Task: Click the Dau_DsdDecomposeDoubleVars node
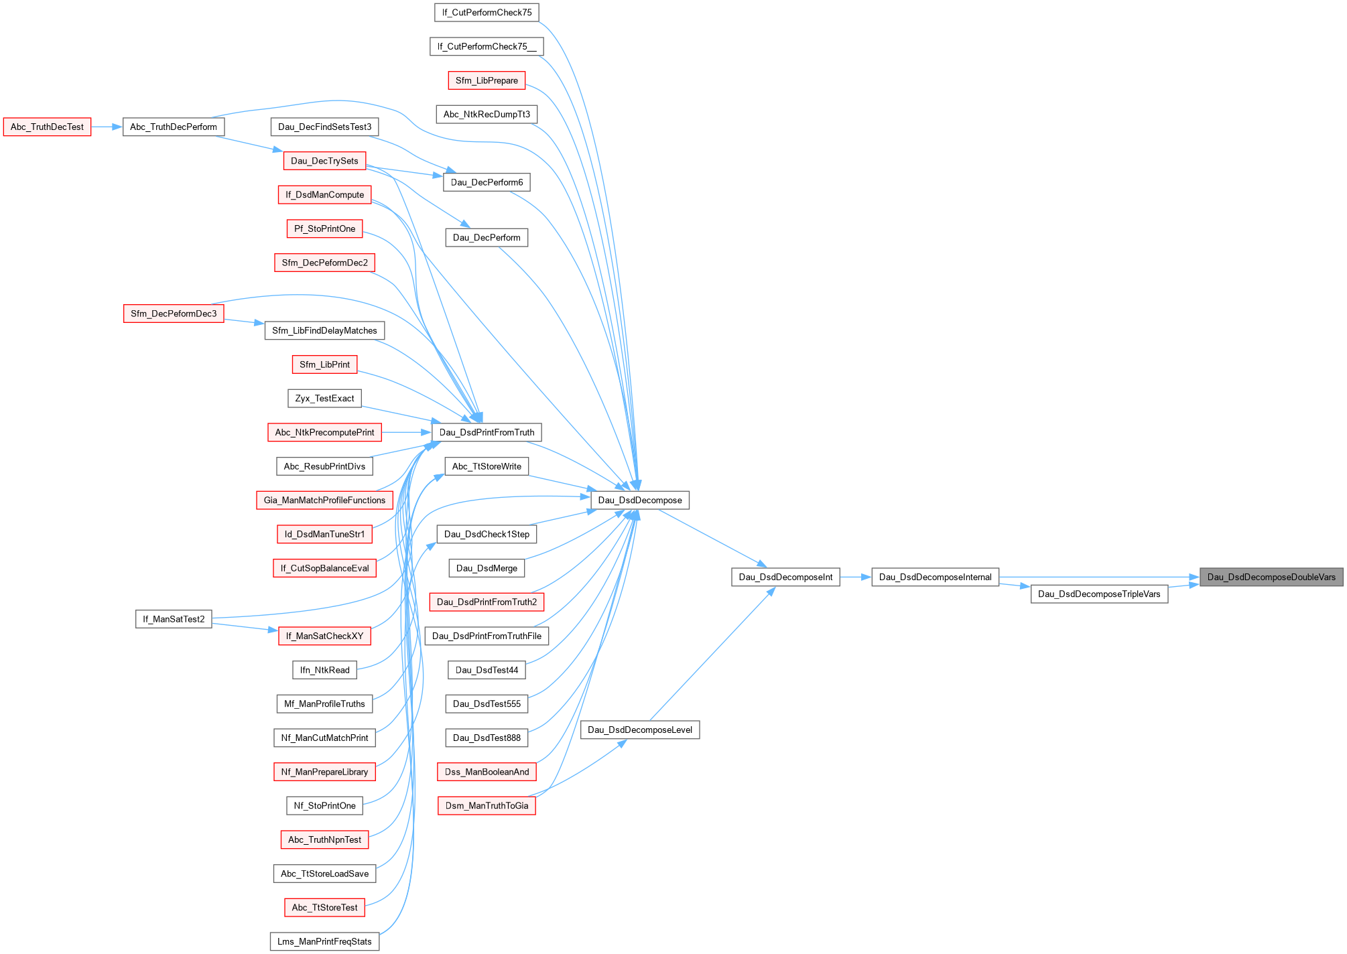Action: point(1271,577)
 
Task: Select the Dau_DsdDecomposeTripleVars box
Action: point(1098,594)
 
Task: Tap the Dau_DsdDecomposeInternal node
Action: point(935,577)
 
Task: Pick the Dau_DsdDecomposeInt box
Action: point(785,577)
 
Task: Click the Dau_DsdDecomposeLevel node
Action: point(639,730)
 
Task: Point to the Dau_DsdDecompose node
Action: point(639,500)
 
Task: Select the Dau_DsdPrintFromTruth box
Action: point(487,432)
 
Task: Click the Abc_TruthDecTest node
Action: point(47,127)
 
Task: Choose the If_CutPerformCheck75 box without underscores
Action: point(487,12)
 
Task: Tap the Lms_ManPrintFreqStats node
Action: point(324,941)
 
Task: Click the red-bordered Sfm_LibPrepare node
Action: point(487,80)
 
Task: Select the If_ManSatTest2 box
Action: point(174,619)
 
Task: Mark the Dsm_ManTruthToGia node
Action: point(487,805)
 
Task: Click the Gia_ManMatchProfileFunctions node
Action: point(324,500)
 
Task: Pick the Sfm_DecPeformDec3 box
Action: point(174,314)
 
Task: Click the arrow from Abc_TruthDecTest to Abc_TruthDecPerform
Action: point(107,127)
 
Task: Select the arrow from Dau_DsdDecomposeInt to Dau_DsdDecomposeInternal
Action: point(855,577)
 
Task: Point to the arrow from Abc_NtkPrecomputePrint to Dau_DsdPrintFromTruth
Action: point(406,432)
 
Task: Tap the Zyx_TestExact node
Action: point(324,398)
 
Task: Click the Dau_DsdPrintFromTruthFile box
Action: point(487,636)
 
